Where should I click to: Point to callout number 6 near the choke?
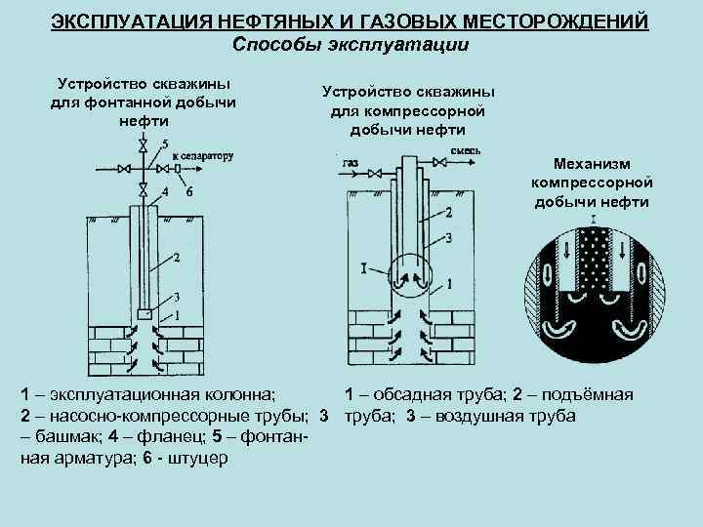tap(188, 191)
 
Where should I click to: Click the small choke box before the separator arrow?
tap(178, 168)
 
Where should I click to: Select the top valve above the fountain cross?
tap(144, 147)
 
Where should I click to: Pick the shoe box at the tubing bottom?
tap(144, 314)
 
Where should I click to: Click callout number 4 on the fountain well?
tap(165, 191)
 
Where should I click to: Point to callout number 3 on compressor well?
tap(448, 237)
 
